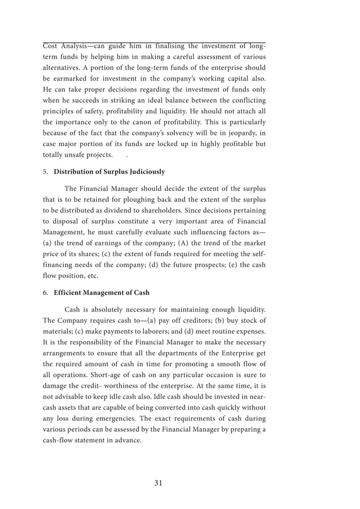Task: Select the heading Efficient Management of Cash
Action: [x=102, y=292]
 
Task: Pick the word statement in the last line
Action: [x=95, y=440]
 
